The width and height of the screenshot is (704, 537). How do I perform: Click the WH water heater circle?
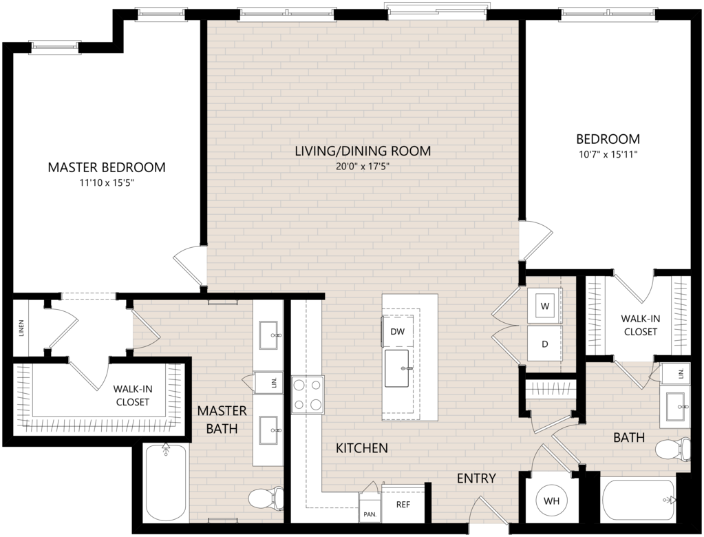pyautogui.click(x=551, y=501)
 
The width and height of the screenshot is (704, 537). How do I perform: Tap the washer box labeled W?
pyautogui.click(x=544, y=306)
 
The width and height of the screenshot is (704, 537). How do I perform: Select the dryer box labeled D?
pyautogui.click(x=544, y=344)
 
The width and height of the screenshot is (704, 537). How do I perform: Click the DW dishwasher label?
pyautogui.click(x=397, y=331)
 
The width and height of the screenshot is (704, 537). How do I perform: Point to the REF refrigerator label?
pyautogui.click(x=403, y=504)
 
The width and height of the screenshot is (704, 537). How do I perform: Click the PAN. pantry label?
pyautogui.click(x=370, y=514)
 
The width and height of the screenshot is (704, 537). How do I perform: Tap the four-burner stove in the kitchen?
pyautogui.click(x=308, y=394)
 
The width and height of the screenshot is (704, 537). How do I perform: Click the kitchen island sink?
pyautogui.click(x=397, y=368)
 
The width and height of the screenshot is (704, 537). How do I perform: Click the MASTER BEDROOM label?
pyautogui.click(x=107, y=167)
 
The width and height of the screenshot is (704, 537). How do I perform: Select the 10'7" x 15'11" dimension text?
pyautogui.click(x=608, y=154)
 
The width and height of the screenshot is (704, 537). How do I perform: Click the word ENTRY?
pyautogui.click(x=476, y=478)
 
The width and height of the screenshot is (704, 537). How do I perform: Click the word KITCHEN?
pyautogui.click(x=362, y=447)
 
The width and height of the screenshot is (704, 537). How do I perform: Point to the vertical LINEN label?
pyautogui.click(x=21, y=328)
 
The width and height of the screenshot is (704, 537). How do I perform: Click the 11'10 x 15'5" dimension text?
pyautogui.click(x=107, y=183)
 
